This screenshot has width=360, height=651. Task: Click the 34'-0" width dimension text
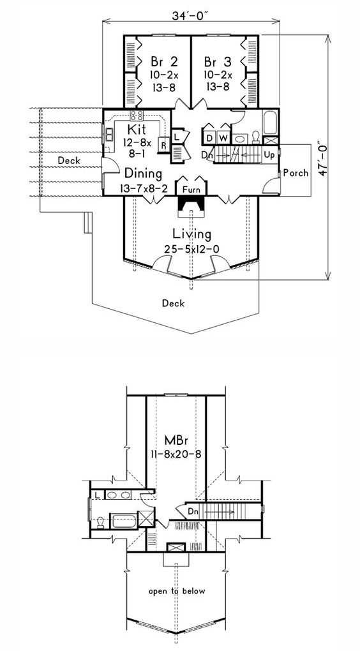coord(190,15)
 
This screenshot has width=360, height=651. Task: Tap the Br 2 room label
coord(165,63)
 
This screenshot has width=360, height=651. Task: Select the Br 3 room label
coord(218,63)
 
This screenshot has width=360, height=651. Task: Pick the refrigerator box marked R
coord(164,146)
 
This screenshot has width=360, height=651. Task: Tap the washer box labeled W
coord(223,137)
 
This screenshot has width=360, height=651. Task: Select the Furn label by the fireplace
coord(191,190)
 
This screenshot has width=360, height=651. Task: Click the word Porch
coord(296,172)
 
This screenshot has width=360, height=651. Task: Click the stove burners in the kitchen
coord(137,115)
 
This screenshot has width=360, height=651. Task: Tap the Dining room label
coord(143,172)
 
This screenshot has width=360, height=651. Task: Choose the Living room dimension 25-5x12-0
coord(191,249)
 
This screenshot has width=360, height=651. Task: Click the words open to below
coord(177,591)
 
